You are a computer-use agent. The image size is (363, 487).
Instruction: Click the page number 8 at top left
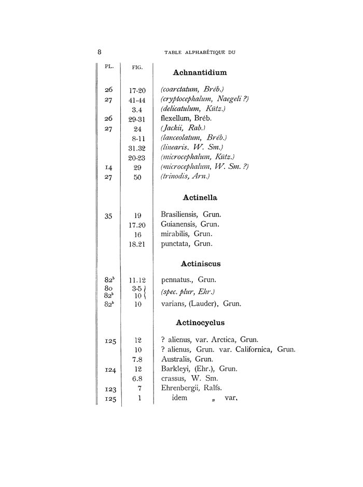click(99, 51)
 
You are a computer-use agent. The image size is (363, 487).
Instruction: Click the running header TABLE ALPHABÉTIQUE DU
click(200, 52)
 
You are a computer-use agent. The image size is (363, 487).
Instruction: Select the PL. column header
click(109, 66)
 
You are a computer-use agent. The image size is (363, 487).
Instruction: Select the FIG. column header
click(137, 67)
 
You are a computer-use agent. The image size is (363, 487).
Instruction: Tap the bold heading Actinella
click(200, 197)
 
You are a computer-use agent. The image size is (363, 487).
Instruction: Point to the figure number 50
click(137, 178)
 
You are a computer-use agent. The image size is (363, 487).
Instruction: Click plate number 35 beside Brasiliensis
click(108, 215)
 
